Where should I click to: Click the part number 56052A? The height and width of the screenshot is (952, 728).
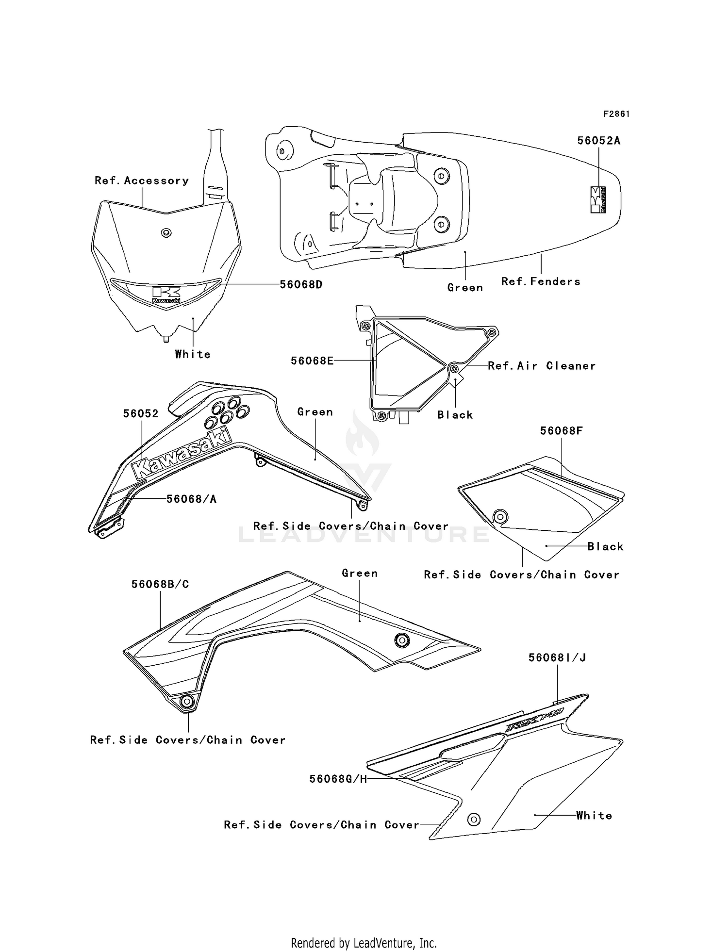598,141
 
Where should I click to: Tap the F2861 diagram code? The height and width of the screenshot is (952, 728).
616,114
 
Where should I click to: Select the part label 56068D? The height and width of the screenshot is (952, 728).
301,285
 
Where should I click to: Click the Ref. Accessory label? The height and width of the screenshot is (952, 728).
142,181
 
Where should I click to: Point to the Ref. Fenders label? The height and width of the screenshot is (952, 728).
541,281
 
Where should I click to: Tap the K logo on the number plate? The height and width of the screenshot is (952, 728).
166,294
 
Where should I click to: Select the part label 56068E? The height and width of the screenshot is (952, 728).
312,361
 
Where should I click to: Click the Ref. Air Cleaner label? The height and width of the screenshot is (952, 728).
542,366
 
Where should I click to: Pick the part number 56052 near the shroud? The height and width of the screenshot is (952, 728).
141,413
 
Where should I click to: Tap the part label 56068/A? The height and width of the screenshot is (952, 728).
191,499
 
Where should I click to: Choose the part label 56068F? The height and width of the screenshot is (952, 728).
561,430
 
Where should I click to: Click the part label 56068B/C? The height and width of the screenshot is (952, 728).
160,584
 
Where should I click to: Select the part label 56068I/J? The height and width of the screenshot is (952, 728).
557,657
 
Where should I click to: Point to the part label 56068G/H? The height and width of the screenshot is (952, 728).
338,779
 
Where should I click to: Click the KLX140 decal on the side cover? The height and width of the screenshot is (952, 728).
534,720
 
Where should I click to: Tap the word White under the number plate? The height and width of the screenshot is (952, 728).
193,354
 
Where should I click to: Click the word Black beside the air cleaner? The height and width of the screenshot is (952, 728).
455,415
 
